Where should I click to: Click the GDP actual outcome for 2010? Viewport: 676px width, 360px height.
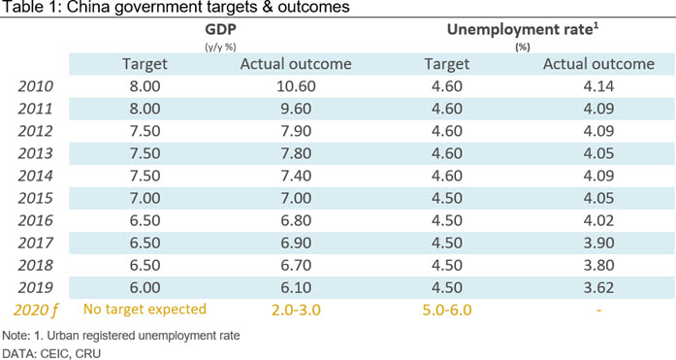click(296, 86)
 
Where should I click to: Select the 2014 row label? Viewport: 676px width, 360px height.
click(35, 176)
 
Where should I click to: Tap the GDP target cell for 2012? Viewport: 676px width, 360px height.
click(145, 131)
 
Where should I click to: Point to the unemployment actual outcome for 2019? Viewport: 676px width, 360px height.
click(598, 287)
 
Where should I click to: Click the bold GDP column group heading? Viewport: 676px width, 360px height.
click(221, 29)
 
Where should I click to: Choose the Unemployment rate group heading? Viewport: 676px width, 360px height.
click(523, 29)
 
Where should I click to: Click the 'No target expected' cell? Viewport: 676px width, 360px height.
click(145, 310)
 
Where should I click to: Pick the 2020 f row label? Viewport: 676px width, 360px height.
click(35, 311)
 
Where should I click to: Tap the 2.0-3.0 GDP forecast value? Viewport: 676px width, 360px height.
click(296, 310)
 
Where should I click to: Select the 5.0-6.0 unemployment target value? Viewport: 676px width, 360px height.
click(447, 310)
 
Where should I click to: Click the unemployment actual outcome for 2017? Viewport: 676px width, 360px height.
click(598, 243)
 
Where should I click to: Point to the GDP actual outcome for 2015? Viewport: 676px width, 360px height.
click(296, 198)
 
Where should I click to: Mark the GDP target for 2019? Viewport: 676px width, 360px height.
click(145, 287)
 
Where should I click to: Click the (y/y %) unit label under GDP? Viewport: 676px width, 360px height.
click(221, 48)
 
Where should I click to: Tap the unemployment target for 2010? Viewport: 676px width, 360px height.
click(447, 86)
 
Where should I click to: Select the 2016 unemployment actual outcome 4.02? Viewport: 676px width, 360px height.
click(598, 220)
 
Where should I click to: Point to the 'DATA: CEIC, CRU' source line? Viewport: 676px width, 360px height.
click(51, 354)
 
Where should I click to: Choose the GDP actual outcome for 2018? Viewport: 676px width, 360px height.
click(296, 265)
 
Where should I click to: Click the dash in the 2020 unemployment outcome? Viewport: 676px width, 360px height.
click(598, 311)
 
